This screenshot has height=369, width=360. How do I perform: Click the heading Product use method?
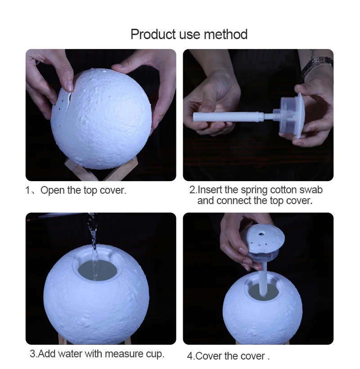tap(189, 34)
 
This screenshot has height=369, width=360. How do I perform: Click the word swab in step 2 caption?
tap(311, 190)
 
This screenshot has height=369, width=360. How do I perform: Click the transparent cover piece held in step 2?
tap(292, 115)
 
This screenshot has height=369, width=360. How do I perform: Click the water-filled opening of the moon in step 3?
tap(97, 270)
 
